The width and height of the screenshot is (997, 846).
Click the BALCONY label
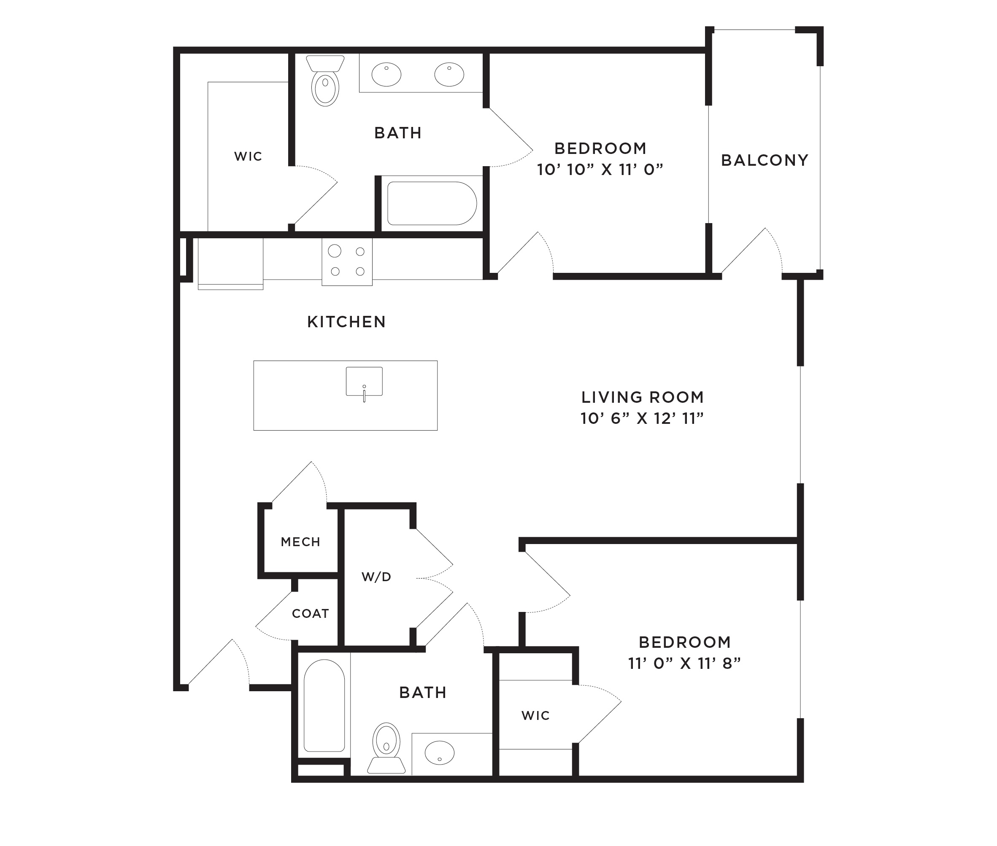tap(765, 160)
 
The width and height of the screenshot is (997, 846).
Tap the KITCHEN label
tap(346, 322)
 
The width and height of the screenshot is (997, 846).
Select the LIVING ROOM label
tap(643, 397)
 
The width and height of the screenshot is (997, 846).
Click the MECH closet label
tap(300, 542)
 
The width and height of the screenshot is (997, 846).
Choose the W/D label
tap(376, 577)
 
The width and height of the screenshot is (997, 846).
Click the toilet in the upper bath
tap(325, 81)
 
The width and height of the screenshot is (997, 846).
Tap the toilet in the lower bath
tap(386, 748)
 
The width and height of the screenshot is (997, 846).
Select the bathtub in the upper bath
tap(432, 203)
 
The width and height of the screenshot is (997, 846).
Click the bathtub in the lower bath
tap(324, 706)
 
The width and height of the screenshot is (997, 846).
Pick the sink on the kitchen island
tap(364, 382)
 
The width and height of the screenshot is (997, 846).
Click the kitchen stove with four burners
tap(347, 262)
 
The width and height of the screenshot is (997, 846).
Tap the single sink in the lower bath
tap(440, 753)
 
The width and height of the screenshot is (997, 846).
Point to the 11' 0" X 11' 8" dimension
tap(685, 663)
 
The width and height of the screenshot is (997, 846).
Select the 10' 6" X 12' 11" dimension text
tap(642, 418)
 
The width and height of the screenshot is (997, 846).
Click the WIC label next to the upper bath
tap(248, 156)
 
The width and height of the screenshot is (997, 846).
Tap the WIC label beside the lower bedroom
tap(535, 716)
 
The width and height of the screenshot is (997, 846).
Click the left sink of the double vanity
tap(386, 74)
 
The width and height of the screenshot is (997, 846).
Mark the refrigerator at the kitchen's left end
tap(230, 264)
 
